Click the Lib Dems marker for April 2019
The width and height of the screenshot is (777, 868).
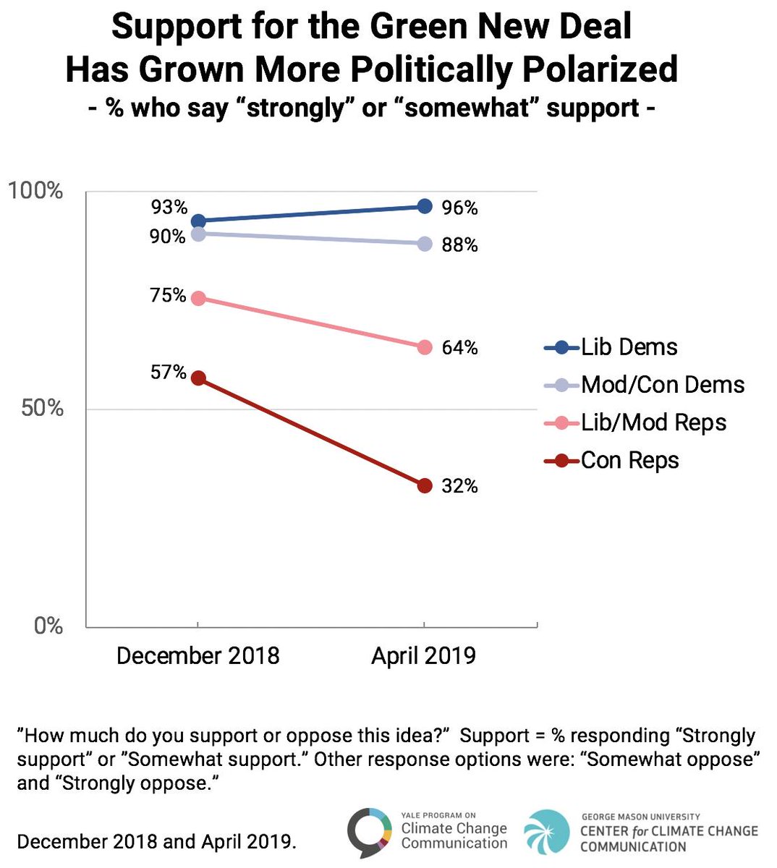point(425,207)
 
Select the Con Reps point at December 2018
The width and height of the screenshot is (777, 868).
point(198,378)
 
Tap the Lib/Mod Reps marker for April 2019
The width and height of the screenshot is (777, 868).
point(425,347)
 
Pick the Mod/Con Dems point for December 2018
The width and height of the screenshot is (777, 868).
point(198,234)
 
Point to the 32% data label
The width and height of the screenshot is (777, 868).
point(459,486)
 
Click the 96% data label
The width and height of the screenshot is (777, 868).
point(459,208)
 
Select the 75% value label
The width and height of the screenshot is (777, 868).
point(168,296)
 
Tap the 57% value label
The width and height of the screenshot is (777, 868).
point(168,373)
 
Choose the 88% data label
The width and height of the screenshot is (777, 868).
point(459,245)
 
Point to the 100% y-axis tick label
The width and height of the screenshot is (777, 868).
point(35,191)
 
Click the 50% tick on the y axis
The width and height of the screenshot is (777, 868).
point(42,408)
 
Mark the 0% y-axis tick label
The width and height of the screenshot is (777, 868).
point(48,626)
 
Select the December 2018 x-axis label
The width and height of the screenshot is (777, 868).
point(198,656)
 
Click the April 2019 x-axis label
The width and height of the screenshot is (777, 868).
point(423,656)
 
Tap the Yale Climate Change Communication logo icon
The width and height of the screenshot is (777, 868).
point(370,832)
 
